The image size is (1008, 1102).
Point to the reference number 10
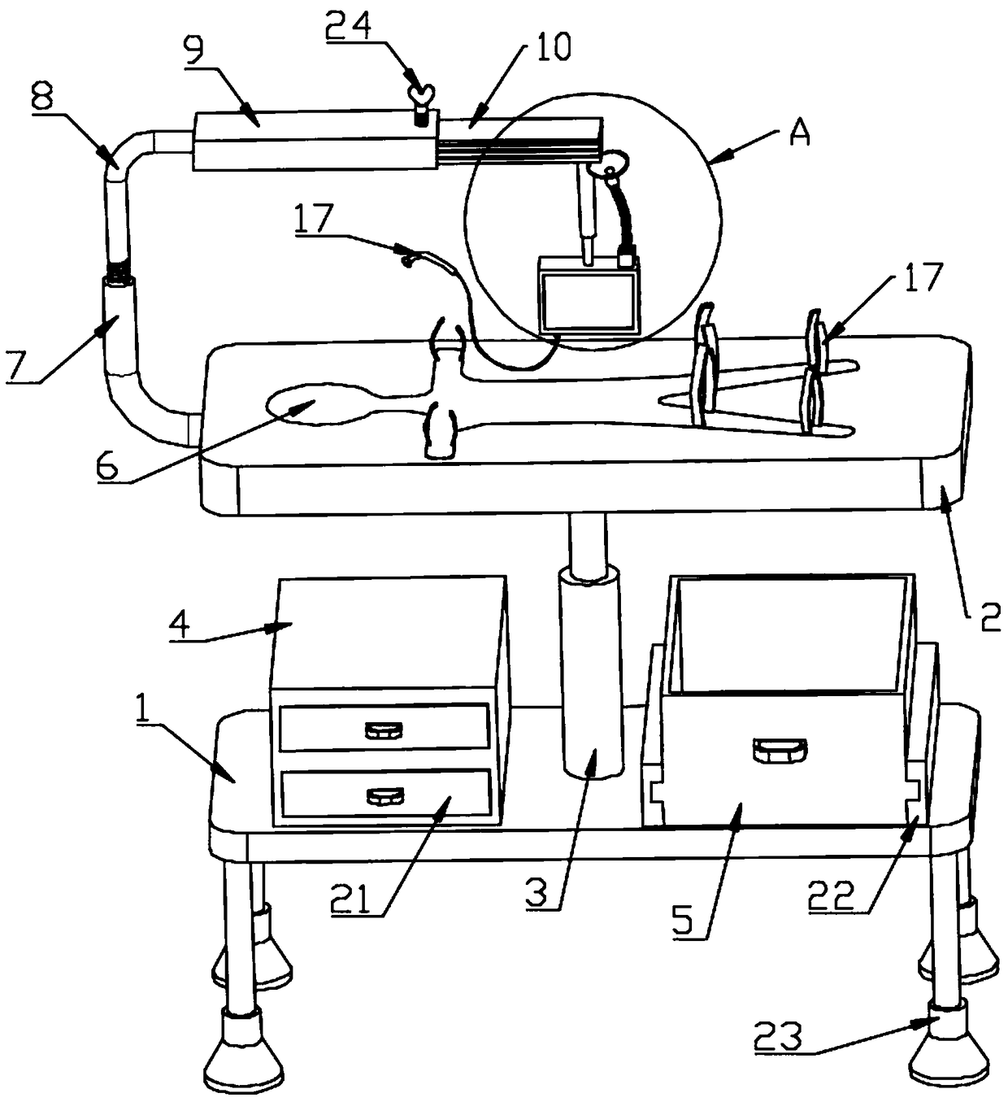[x=553, y=47]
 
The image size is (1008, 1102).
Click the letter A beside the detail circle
[x=800, y=133]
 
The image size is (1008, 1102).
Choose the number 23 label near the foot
[x=778, y=1037]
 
